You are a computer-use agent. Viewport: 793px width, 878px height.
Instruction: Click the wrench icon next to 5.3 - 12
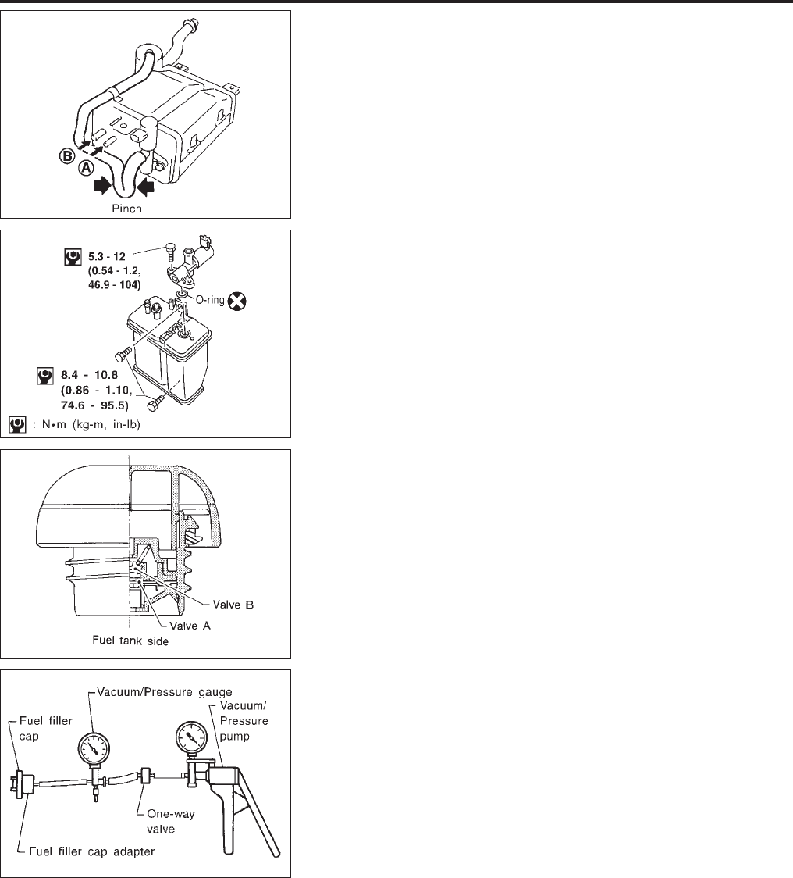72,255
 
